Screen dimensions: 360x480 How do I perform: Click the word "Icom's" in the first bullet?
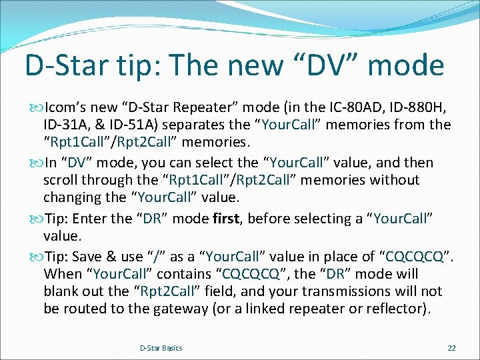pyautogui.click(x=66, y=107)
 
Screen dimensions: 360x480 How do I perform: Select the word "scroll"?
pyautogui.click(x=62, y=180)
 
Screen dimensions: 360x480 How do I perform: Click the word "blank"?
pyautogui.click(x=62, y=291)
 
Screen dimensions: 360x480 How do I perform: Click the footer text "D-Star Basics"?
pyautogui.click(x=161, y=348)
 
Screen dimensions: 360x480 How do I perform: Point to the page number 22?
pyautogui.click(x=451, y=348)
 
